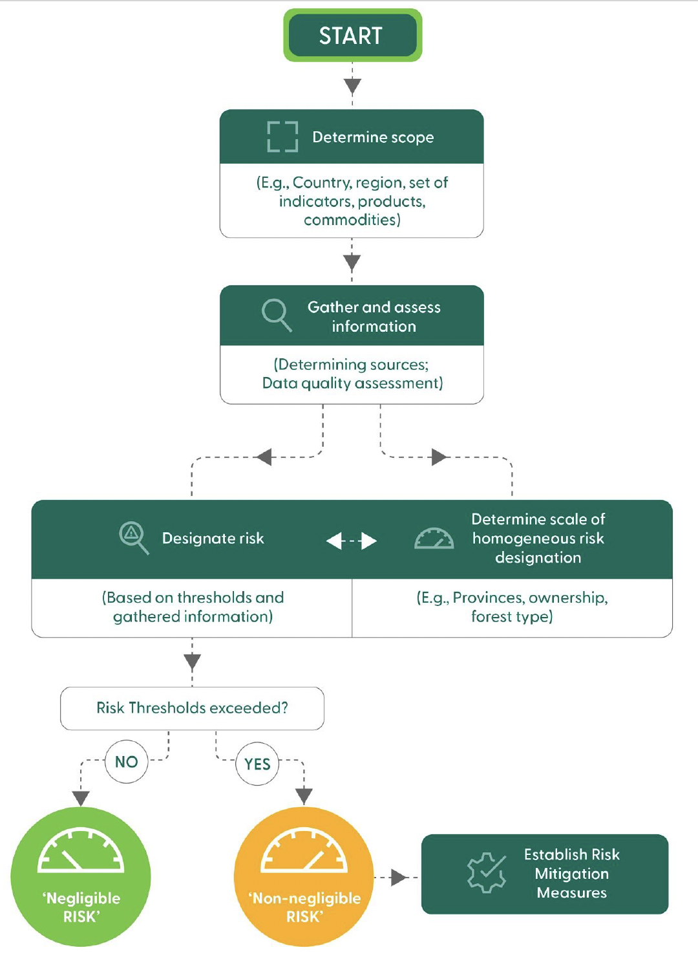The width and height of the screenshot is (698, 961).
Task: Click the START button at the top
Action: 352,36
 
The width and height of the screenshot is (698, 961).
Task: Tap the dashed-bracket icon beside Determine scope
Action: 282,136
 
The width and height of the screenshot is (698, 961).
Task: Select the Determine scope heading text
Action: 373,137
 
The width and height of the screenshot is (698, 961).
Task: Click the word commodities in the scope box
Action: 352,220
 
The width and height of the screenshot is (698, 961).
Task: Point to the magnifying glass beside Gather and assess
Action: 276,314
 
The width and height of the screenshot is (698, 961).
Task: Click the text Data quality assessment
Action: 352,383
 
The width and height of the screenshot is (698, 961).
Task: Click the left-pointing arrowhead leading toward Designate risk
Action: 264,457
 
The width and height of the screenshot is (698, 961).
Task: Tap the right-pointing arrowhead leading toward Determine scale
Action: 439,457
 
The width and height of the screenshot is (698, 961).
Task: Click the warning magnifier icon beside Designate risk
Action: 133,537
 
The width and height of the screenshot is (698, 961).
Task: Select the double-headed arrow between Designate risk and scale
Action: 352,541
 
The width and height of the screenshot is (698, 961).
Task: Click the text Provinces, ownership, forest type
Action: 512,607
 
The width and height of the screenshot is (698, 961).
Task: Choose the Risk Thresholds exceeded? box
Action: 192,708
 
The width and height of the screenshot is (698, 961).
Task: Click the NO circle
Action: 127,762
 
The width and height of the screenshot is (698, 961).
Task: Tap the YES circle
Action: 257,764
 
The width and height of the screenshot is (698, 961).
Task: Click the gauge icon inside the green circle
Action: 81,850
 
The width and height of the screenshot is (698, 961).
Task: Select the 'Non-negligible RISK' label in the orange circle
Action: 304,907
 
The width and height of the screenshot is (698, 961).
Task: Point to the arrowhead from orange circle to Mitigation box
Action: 398,878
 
